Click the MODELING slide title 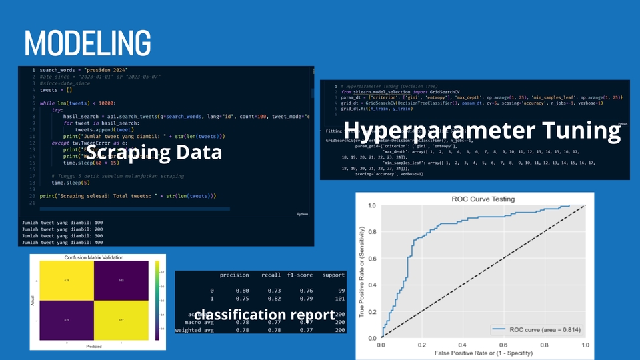(87, 43)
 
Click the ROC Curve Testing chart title (475, 199)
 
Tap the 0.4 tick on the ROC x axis (462, 346)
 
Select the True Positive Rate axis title (363, 273)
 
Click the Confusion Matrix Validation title (94, 257)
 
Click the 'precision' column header (234, 275)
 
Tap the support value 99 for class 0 (341, 291)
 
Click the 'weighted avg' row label (195, 331)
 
